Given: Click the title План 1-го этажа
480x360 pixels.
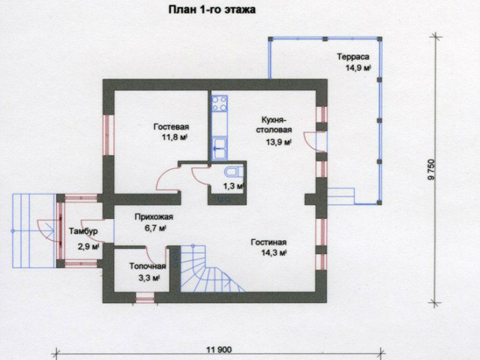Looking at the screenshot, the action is pyautogui.click(x=212, y=10).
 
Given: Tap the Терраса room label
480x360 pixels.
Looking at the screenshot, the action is pyautogui.click(x=353, y=57).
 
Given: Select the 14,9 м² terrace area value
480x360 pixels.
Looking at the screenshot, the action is pyautogui.click(x=358, y=67).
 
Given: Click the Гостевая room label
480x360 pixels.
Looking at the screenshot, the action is pyautogui.click(x=171, y=127).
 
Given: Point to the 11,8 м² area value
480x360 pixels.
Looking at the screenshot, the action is pyautogui.click(x=175, y=136).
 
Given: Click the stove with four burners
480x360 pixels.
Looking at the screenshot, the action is pyautogui.click(x=220, y=103).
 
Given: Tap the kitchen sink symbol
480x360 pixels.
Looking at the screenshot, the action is pyautogui.click(x=220, y=148).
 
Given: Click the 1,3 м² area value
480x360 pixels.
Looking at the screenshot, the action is pyautogui.click(x=233, y=186).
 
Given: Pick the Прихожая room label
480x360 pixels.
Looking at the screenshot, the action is pyautogui.click(x=154, y=217).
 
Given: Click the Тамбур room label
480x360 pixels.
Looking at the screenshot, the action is pyautogui.click(x=83, y=231).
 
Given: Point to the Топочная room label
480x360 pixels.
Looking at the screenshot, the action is pyautogui.click(x=148, y=266).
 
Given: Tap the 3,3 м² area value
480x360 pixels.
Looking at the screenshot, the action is pyautogui.click(x=149, y=278).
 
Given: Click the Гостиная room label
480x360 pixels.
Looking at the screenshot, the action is pyautogui.click(x=268, y=242).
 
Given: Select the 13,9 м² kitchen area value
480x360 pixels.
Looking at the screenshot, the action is pyautogui.click(x=278, y=142).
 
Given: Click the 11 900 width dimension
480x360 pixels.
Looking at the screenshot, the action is pyautogui.click(x=219, y=349).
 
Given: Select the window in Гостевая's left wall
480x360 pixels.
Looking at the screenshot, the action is pyautogui.click(x=108, y=135).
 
